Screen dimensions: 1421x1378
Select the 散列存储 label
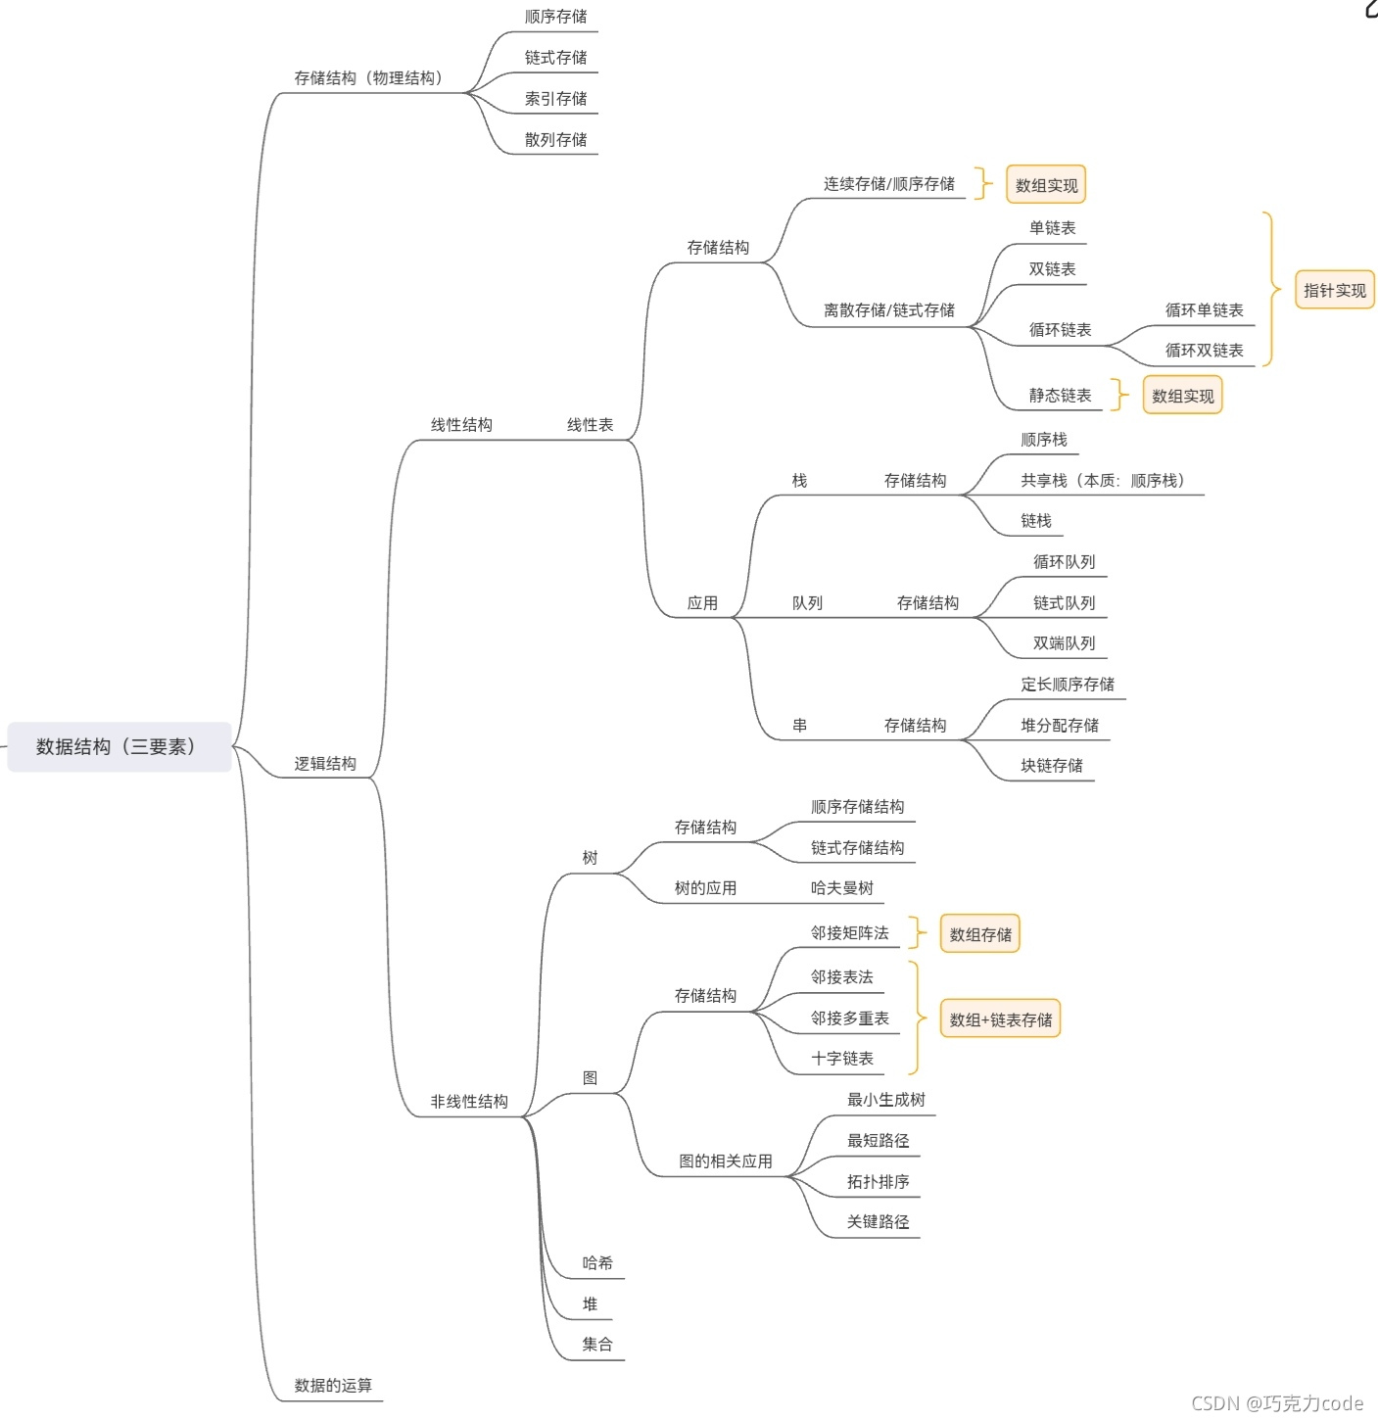(555, 140)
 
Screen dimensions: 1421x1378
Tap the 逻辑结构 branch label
(325, 764)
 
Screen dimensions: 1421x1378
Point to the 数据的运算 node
(333, 1386)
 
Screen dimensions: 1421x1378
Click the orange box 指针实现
(1334, 291)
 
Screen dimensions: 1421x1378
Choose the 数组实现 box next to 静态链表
(1182, 397)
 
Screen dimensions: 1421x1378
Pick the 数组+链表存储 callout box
(1000, 1019)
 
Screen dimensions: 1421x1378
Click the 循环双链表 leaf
(1204, 351)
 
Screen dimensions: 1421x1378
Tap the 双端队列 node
(1064, 643)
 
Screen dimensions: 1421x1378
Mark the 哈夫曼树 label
(841, 888)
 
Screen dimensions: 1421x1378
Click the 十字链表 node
(841, 1059)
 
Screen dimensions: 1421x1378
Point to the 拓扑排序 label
(878, 1182)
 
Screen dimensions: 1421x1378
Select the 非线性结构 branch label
(469, 1102)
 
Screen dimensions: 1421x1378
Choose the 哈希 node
(597, 1263)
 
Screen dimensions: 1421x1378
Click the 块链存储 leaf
(1052, 766)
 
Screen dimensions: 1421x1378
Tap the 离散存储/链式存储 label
(888, 310)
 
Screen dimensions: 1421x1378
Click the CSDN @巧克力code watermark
(1276, 1403)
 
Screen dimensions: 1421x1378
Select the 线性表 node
(590, 425)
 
